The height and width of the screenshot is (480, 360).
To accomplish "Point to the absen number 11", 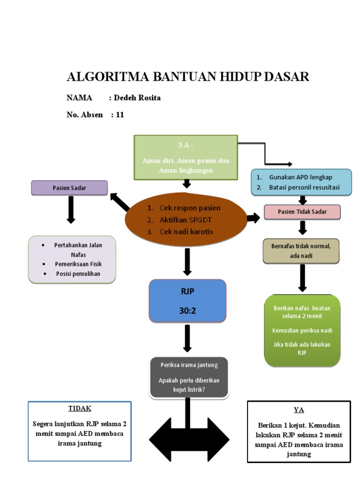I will tap(120, 114).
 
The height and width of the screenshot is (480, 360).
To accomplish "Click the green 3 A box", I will tap(186, 157).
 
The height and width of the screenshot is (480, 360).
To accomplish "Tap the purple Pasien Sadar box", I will tap(69, 187).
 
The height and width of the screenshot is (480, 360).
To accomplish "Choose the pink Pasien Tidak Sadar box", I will tap(302, 212).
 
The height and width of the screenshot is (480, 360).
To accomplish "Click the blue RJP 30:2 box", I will tap(187, 301).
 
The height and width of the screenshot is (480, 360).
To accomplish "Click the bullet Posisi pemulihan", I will tap(78, 274).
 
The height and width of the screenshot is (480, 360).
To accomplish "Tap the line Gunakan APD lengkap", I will tap(300, 178).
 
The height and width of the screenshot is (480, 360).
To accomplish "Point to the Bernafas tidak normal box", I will tap(301, 251).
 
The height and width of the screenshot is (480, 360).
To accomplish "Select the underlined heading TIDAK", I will tap(80, 408).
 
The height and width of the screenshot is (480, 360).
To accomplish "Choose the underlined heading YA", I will tap(299, 410).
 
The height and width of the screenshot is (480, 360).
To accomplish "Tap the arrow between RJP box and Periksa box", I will tap(187, 337).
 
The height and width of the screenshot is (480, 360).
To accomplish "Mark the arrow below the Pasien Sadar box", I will tap(71, 209).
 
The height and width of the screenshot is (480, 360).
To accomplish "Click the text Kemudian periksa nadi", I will tap(302, 330).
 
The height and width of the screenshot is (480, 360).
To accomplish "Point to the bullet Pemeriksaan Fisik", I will tap(78, 264).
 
